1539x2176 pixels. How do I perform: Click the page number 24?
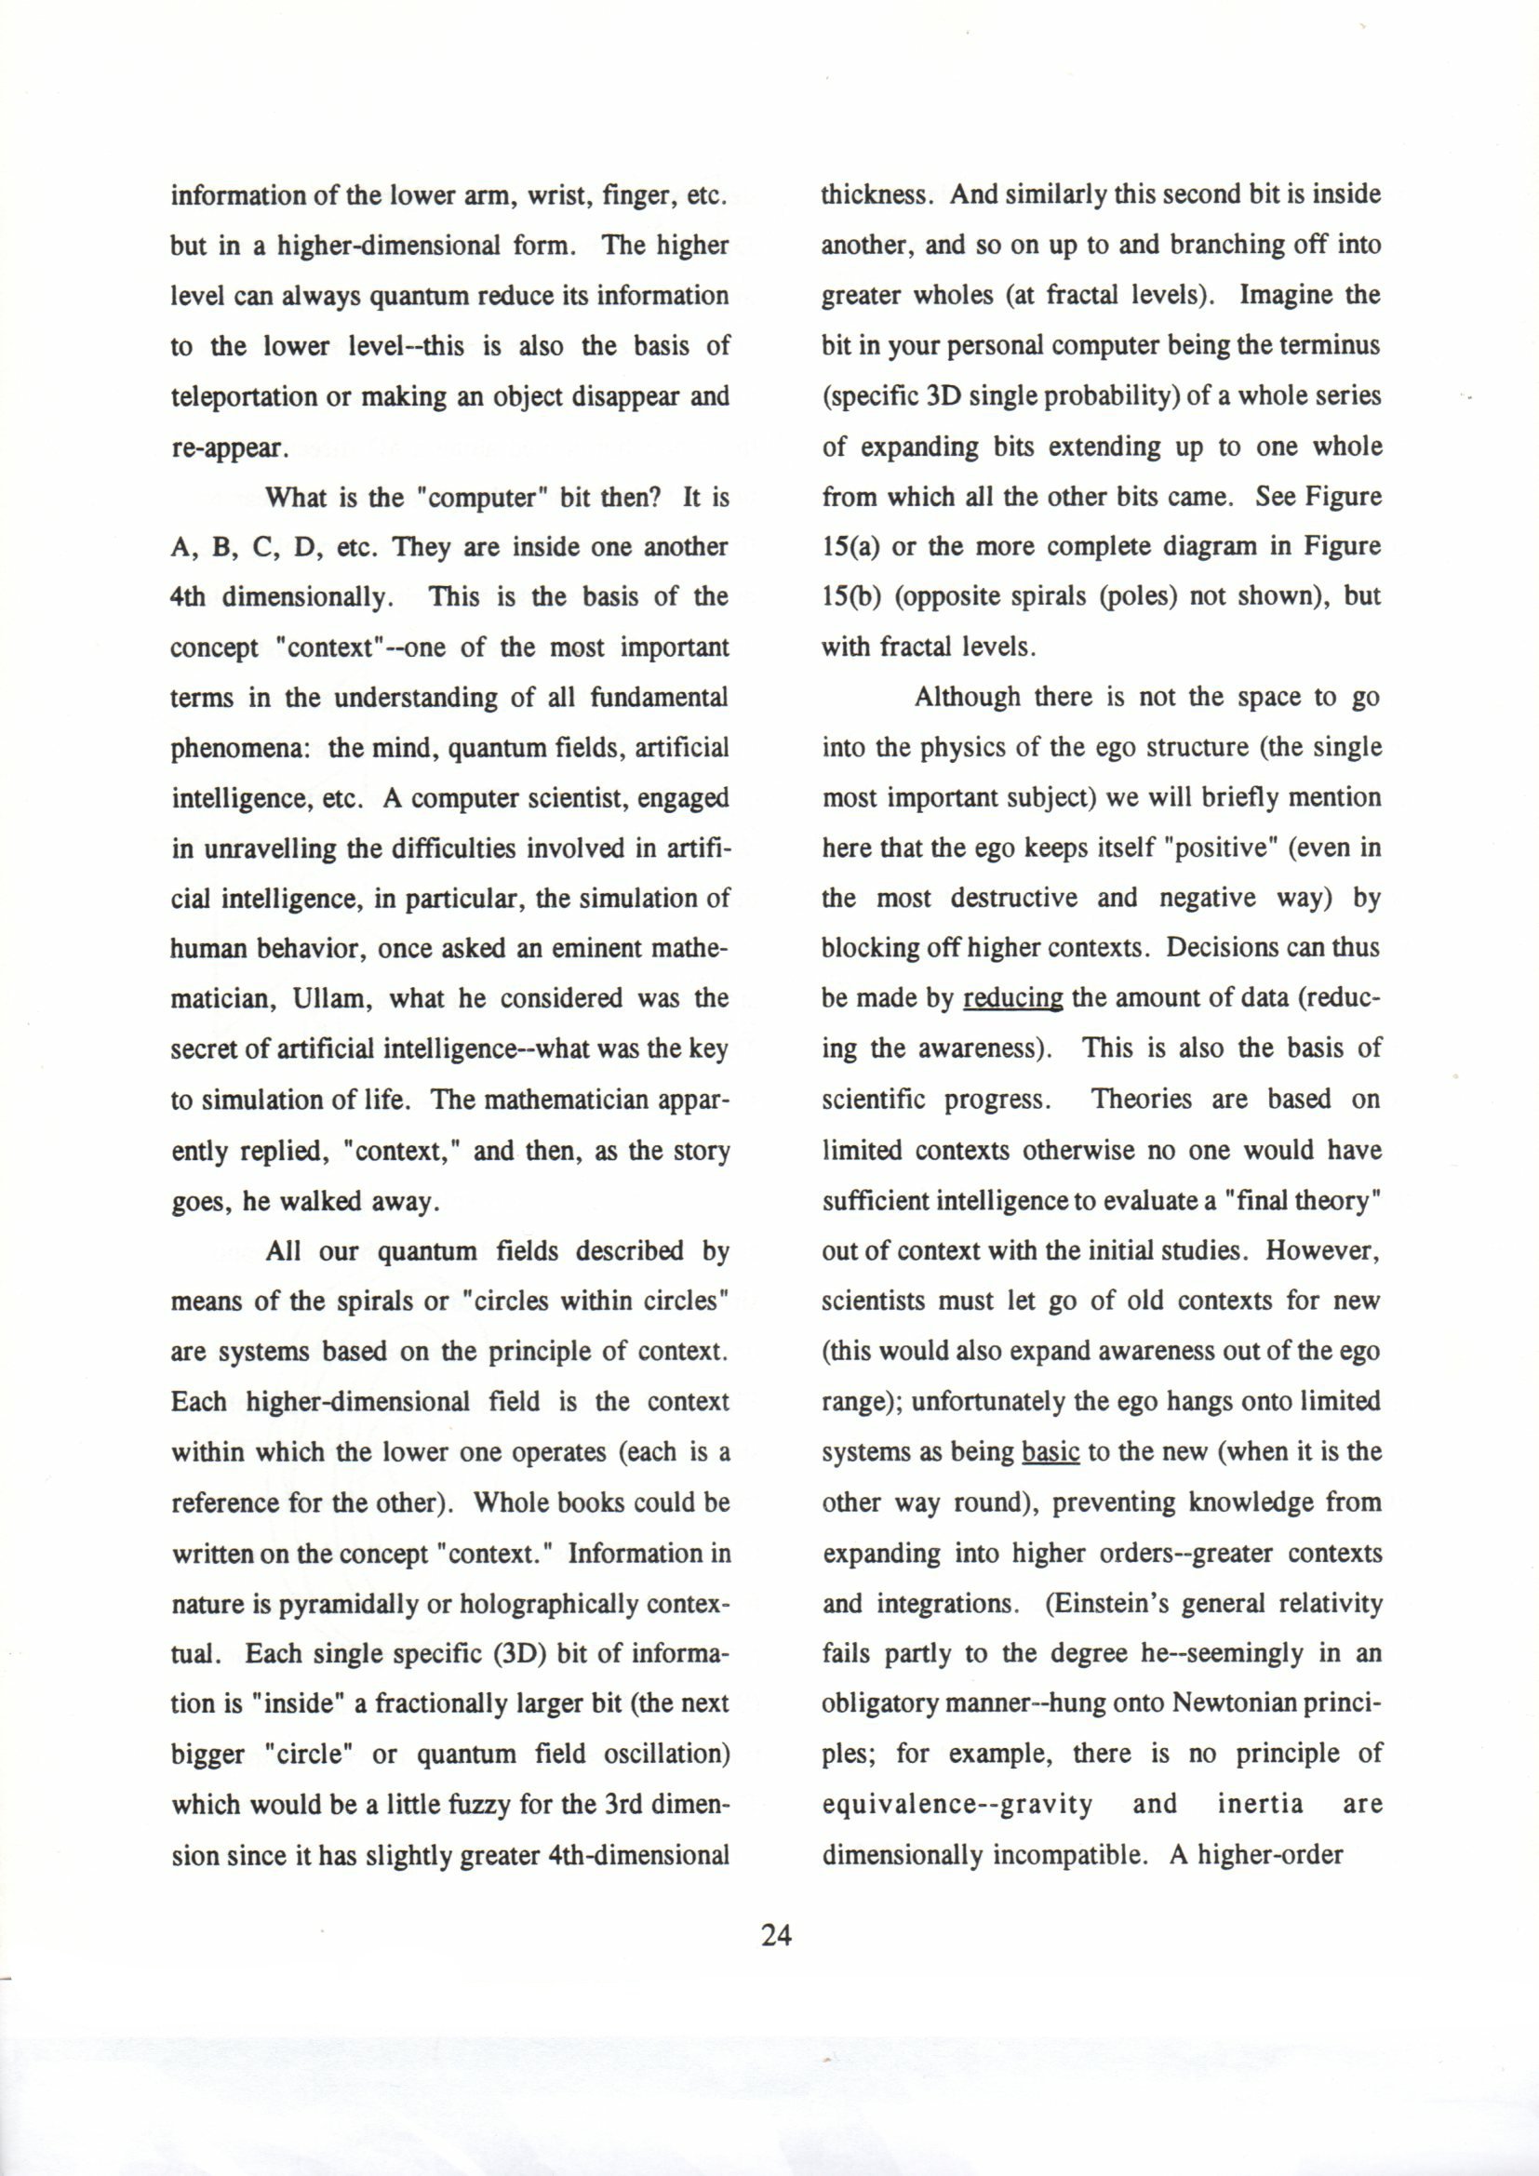[775, 1935]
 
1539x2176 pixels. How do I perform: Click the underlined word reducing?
[1012, 999]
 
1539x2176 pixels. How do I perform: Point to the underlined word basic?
[1051, 1453]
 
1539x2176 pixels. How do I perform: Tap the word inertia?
[1260, 1805]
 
